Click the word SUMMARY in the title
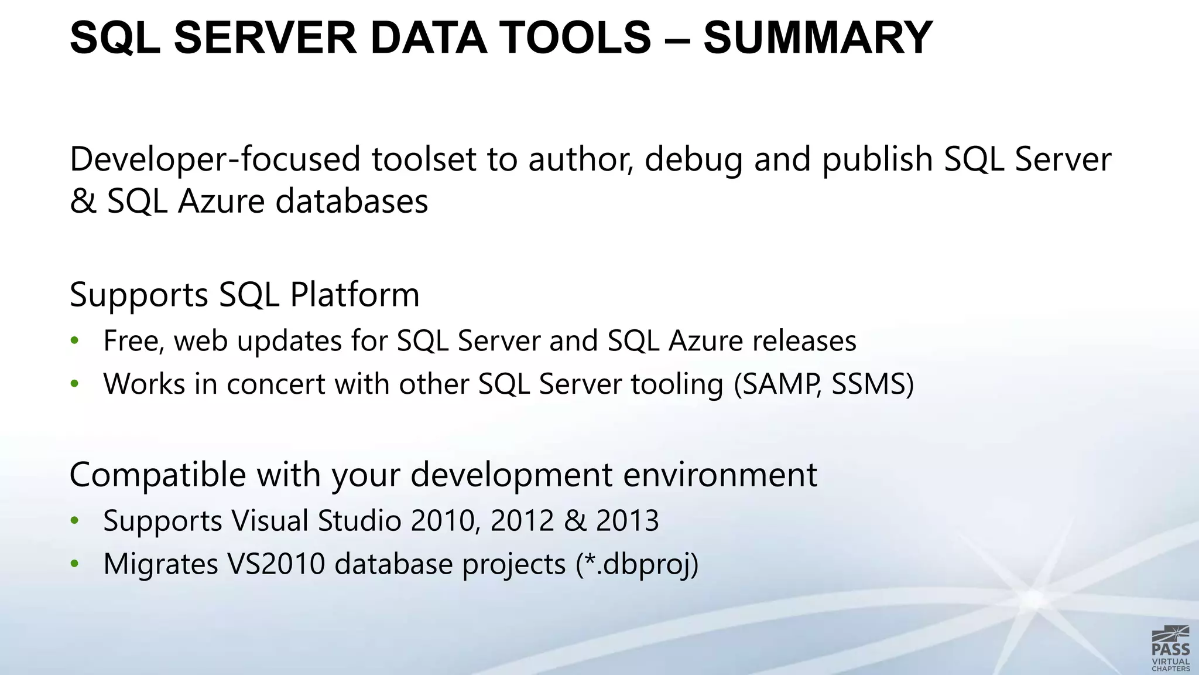point(818,37)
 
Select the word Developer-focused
point(215,159)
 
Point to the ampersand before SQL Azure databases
point(83,201)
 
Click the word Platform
point(355,295)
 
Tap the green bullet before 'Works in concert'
point(74,384)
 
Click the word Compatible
point(157,475)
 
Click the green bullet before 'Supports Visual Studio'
point(74,520)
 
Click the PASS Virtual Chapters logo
point(1170,648)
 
